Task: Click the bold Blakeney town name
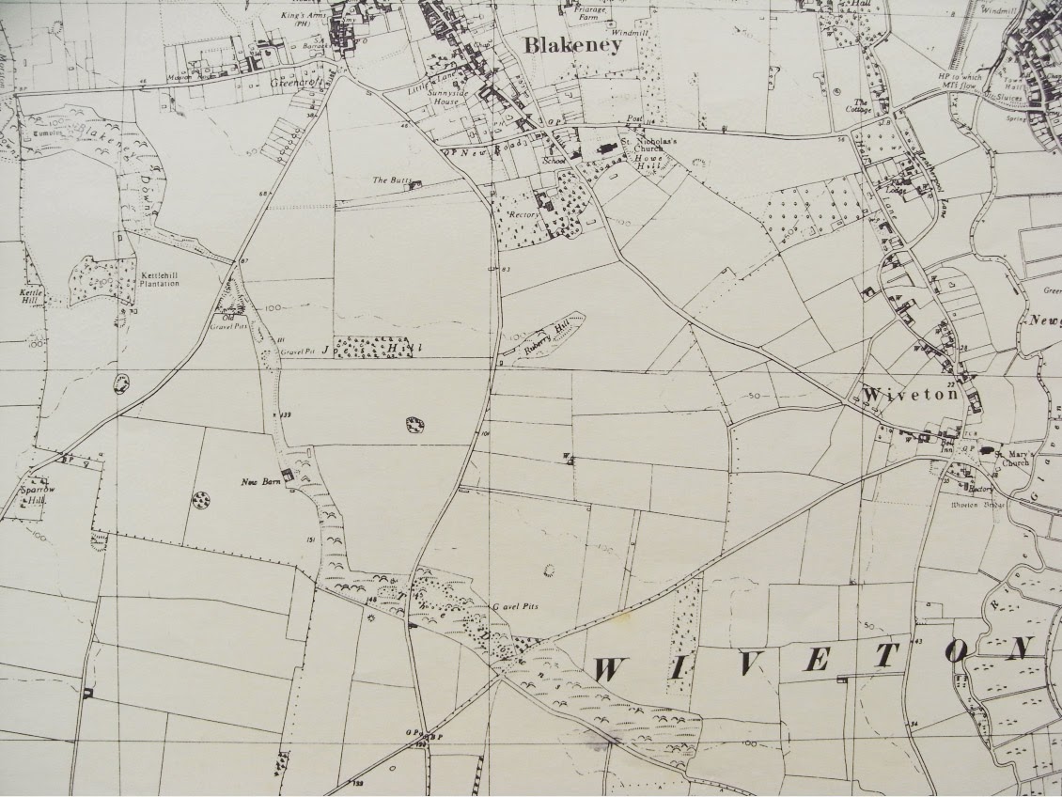(572, 45)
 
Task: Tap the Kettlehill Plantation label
(160, 279)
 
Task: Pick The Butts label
(387, 180)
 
